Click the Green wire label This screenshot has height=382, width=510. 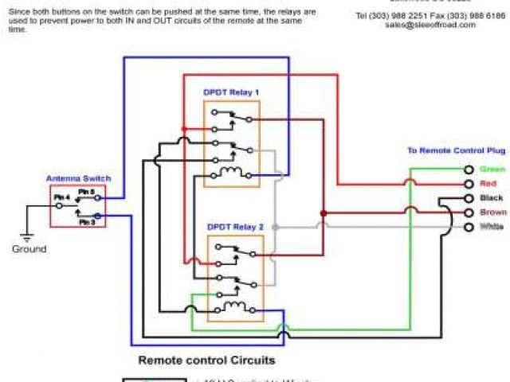point(494,170)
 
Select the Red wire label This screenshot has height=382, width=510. point(490,184)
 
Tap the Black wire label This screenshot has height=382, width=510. point(492,198)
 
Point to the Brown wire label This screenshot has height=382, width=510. point(493,212)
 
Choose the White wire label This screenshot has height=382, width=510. point(492,227)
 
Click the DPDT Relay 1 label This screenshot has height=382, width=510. point(231,92)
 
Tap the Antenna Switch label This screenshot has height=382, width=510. point(78,178)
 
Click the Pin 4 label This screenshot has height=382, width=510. point(61,197)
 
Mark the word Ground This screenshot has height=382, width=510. point(29,249)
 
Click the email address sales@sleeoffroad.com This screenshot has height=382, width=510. point(430,25)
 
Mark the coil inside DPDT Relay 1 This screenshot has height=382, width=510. point(233,173)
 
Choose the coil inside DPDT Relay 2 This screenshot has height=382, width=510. point(233,306)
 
